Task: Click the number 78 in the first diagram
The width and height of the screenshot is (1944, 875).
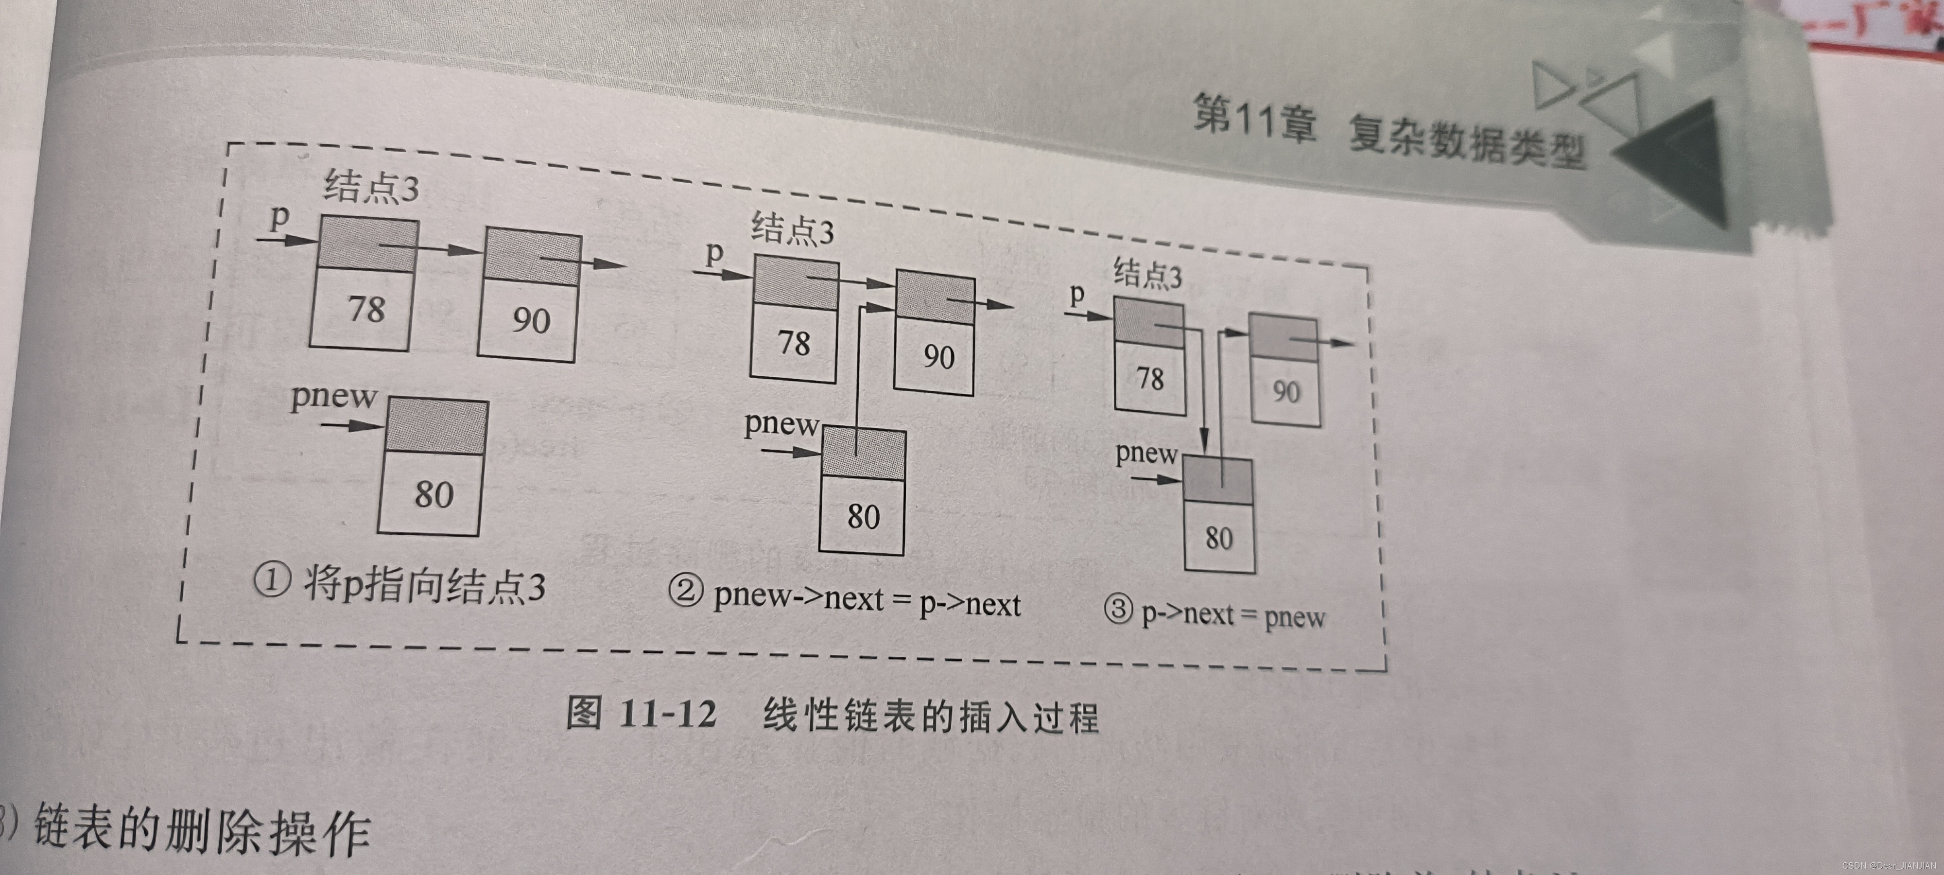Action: coord(366,309)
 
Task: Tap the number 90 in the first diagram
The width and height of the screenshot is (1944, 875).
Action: coord(531,320)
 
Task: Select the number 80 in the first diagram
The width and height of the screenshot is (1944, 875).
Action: coord(434,494)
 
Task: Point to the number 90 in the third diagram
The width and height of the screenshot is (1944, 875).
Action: coord(1286,392)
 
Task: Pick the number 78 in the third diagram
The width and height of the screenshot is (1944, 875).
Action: coord(1150,378)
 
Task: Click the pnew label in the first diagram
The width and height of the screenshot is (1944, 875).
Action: coord(333,396)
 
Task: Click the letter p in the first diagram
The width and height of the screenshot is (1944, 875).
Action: coord(279,217)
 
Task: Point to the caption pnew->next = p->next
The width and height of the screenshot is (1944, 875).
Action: coord(867,600)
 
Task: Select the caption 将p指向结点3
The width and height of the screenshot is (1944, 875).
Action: coord(424,586)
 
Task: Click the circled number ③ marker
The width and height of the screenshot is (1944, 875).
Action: coord(1118,609)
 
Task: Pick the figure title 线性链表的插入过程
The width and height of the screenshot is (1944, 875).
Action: coord(931,716)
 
